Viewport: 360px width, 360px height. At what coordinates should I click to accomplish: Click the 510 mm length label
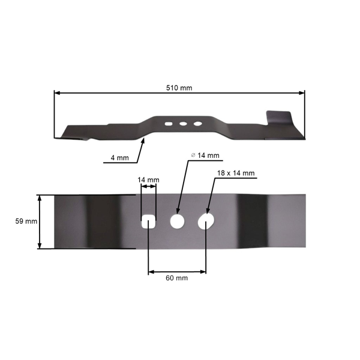[x=179, y=88]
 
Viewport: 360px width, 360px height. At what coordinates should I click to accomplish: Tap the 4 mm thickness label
[x=119, y=158]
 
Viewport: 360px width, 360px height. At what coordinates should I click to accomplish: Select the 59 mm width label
[x=26, y=221]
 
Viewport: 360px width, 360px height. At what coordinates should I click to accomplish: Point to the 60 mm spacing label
[x=177, y=278]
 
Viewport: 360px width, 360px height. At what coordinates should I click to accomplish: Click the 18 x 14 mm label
[x=236, y=173]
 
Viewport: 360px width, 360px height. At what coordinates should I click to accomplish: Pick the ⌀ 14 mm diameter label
[x=205, y=155]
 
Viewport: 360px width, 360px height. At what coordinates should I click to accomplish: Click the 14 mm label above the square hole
[x=148, y=179]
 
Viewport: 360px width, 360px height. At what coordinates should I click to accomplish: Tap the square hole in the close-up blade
[x=148, y=221]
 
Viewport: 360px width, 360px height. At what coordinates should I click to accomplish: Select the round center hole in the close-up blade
[x=177, y=221]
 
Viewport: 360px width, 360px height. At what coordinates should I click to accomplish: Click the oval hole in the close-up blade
[x=206, y=221]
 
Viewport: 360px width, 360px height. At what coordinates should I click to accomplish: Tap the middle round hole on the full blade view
[x=184, y=124]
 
